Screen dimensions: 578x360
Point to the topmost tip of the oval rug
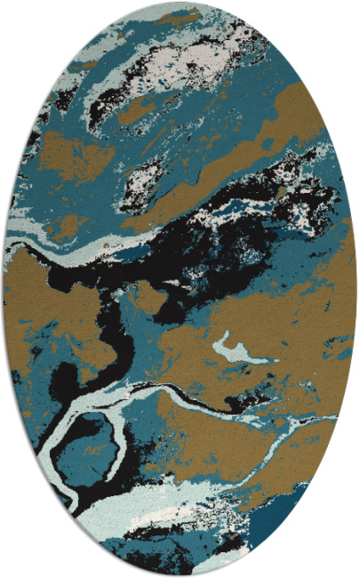click(x=180, y=3)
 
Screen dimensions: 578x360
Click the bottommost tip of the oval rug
click(x=180, y=574)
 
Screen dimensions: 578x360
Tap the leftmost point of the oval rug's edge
click(x=4, y=289)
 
